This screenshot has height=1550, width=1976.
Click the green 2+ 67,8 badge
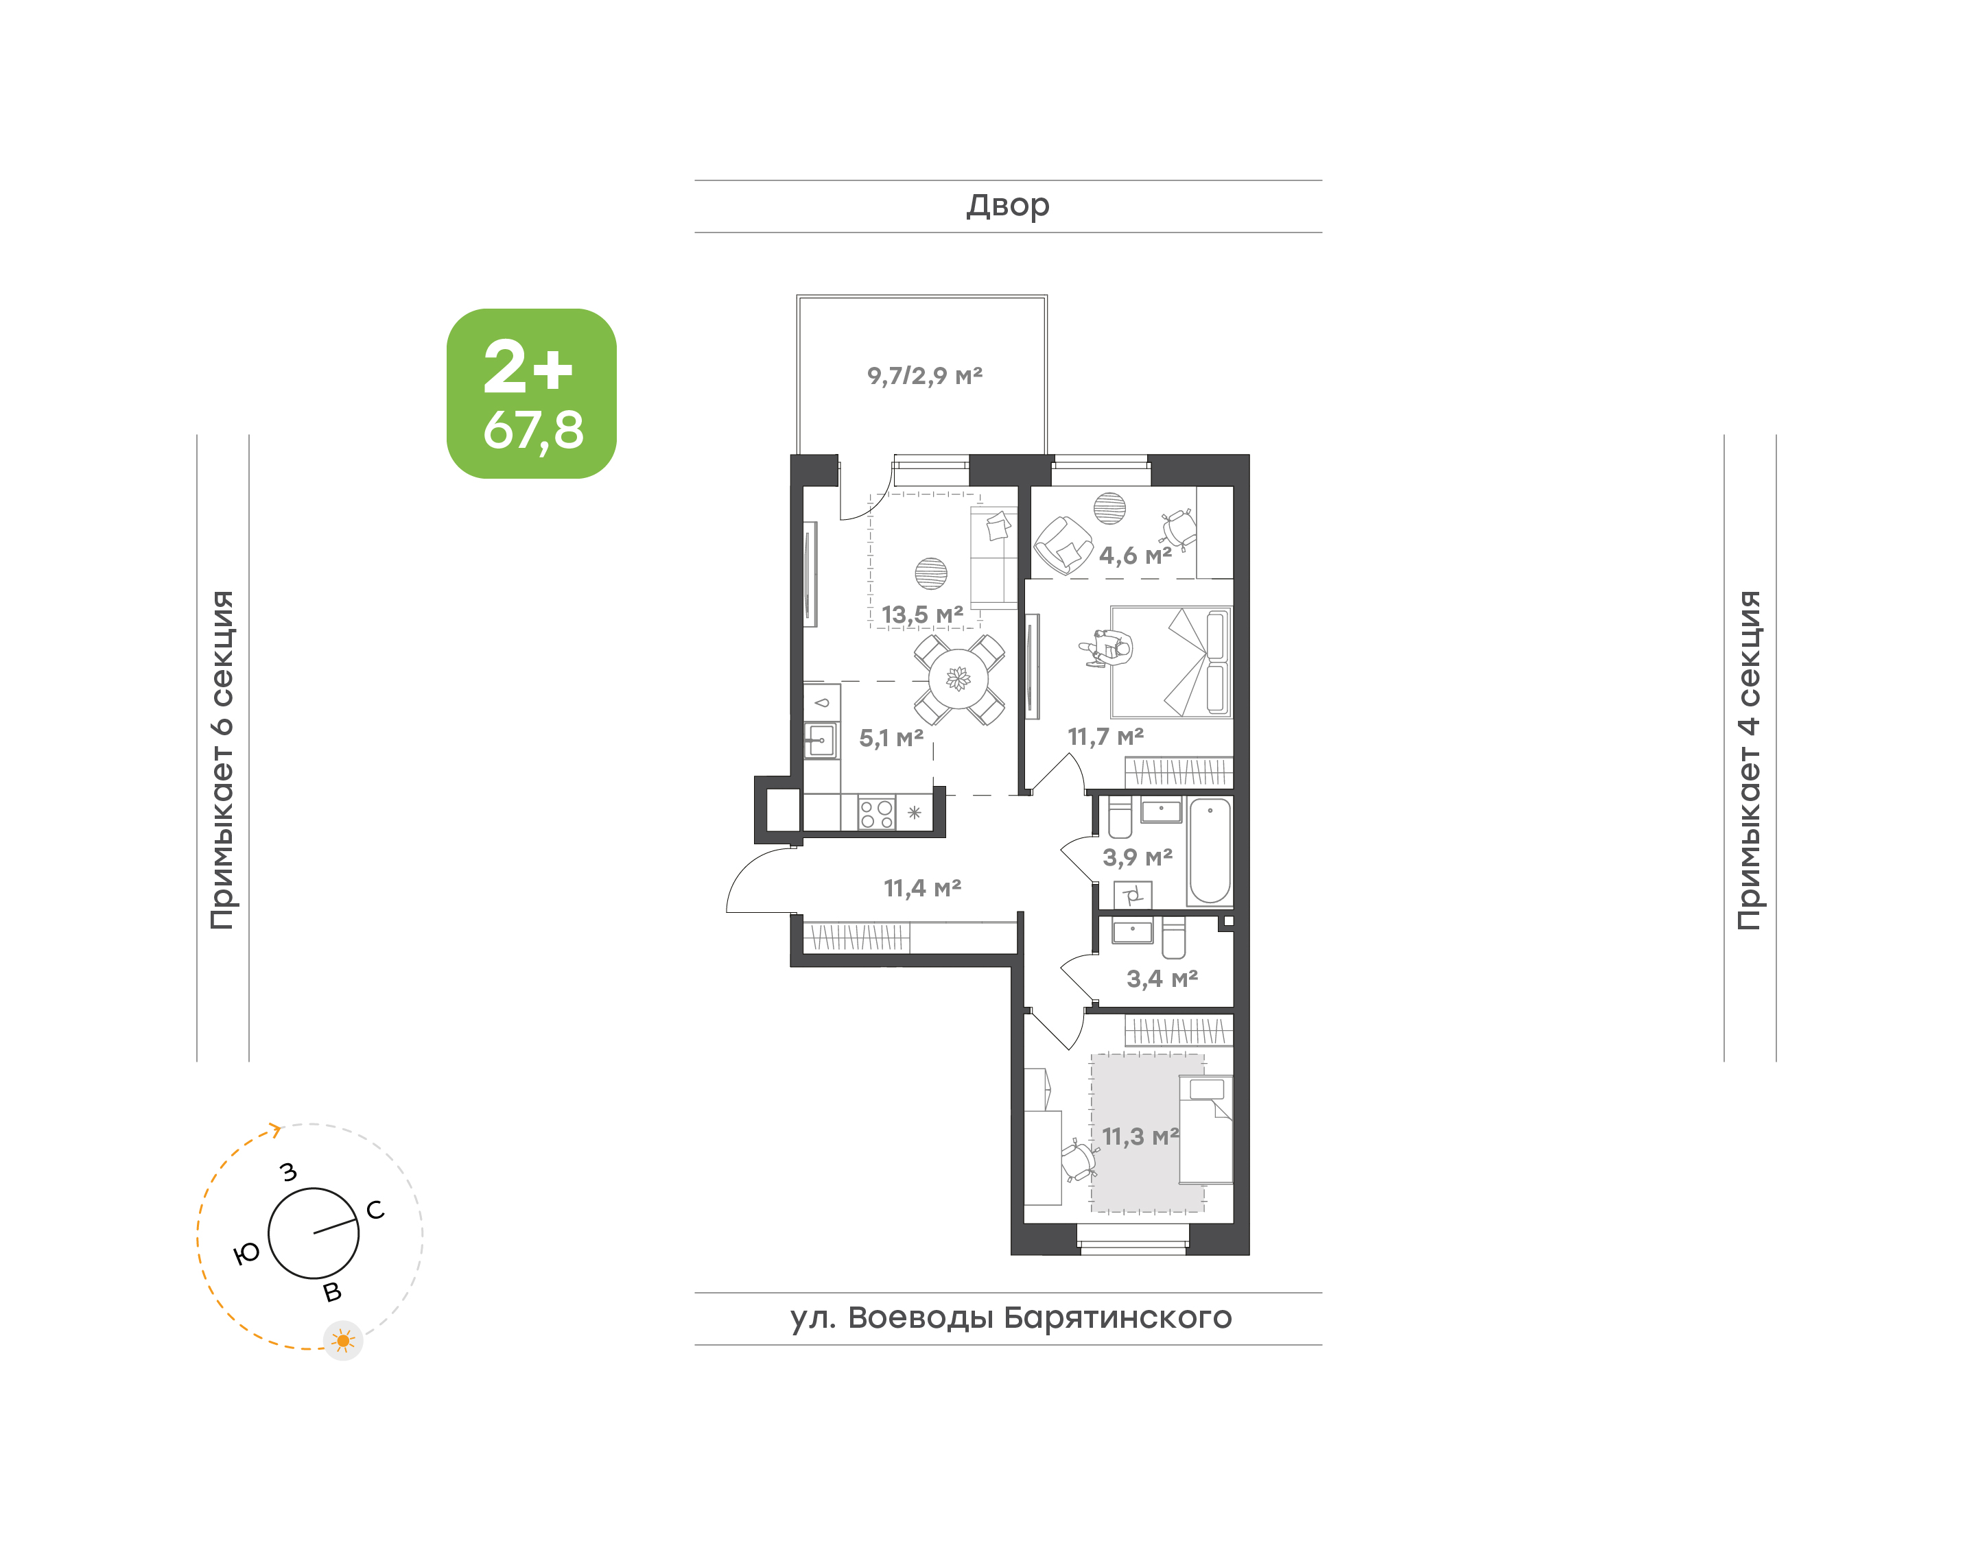(531, 393)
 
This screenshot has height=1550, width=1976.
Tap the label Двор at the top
(1007, 206)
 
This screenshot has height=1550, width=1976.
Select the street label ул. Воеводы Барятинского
(1010, 1317)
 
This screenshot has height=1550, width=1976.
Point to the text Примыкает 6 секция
(222, 760)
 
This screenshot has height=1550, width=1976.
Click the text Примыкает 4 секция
(1749, 760)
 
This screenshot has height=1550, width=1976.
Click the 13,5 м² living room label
(922, 615)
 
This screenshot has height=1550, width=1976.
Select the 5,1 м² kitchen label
(891, 738)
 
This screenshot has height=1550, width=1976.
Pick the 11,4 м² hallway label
(922, 887)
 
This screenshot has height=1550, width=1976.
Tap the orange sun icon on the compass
(343, 1340)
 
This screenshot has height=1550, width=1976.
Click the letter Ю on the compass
(247, 1254)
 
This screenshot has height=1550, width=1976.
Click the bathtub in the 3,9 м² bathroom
(1210, 850)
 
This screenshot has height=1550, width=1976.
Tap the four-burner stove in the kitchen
(877, 813)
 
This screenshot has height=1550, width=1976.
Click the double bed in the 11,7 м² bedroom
(1171, 663)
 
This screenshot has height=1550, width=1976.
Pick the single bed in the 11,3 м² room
(1205, 1129)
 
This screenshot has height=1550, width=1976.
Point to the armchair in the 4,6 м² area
(1063, 545)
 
